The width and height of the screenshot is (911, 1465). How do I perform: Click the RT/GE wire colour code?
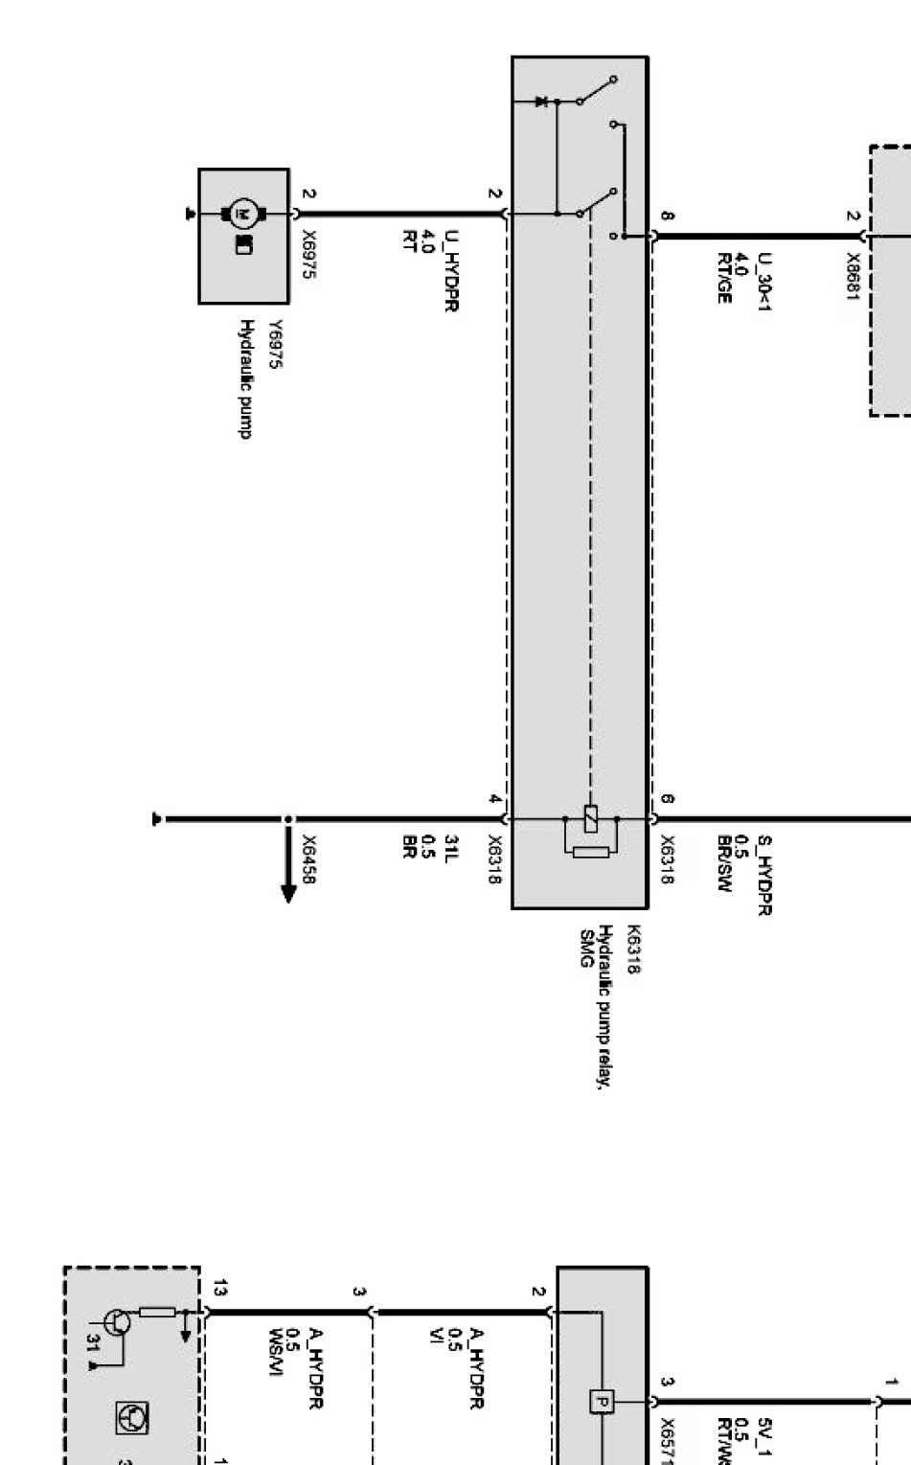(x=723, y=278)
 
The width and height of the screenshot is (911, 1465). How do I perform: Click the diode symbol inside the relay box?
(x=541, y=101)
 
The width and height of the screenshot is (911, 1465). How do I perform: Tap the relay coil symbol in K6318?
(x=591, y=819)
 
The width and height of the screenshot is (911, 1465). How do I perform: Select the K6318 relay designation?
(x=631, y=949)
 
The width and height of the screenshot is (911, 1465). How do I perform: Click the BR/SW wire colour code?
(x=723, y=862)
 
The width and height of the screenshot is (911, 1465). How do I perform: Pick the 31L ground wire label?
(x=450, y=848)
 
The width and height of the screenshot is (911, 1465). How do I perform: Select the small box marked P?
(x=600, y=1401)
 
